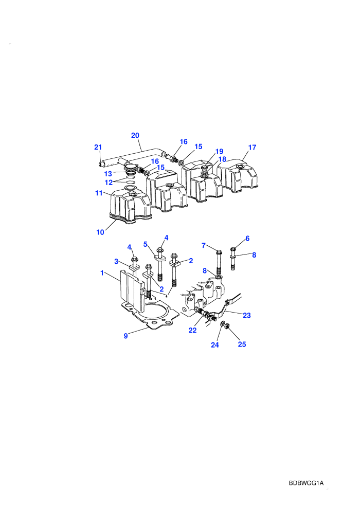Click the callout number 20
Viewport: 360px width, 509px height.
(135, 135)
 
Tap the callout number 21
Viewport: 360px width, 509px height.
(98, 147)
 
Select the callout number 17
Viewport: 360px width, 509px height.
(252, 148)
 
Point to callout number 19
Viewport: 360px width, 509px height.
(220, 151)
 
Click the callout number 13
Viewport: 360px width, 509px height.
(108, 174)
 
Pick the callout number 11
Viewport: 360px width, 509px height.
(99, 193)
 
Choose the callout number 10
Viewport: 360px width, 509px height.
(100, 232)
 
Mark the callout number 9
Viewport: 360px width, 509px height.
(126, 336)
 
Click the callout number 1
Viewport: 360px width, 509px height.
(102, 273)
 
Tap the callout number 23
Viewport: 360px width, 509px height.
(247, 315)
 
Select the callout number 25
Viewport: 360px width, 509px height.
(242, 344)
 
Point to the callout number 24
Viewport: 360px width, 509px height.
(215, 345)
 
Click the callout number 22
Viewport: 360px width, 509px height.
(192, 330)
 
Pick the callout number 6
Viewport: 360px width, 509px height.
(247, 239)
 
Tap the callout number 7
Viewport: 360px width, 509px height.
(204, 245)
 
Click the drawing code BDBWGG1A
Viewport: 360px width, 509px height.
(306, 483)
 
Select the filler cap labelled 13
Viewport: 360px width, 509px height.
(131, 169)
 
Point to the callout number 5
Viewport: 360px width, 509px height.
(146, 244)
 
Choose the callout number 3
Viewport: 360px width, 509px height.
(116, 261)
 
